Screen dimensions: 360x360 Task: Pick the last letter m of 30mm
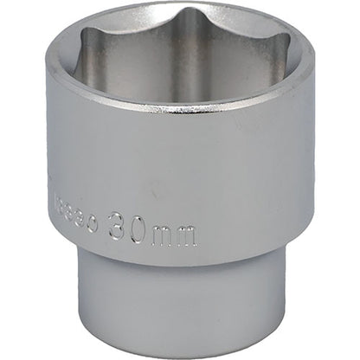coord(186,235)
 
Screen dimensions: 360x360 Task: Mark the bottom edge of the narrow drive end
coord(182,352)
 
